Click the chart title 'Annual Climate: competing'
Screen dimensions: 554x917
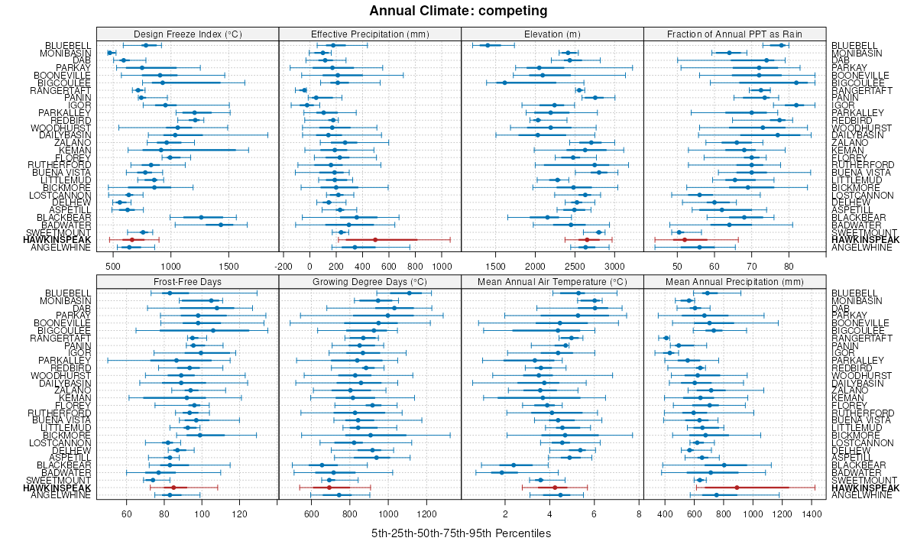[x=458, y=11]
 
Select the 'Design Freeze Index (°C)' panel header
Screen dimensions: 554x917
[x=187, y=34]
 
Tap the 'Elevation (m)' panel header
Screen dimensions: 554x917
[x=552, y=34]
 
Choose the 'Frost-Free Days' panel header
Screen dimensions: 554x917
[x=187, y=281]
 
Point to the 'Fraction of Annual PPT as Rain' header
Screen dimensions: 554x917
[x=734, y=34]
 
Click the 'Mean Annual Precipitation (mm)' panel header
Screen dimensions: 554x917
[x=734, y=281]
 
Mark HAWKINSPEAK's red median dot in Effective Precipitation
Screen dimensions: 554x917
[x=375, y=240]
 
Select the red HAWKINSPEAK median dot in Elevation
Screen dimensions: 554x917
[x=586, y=240]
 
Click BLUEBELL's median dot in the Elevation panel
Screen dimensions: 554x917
[x=488, y=45]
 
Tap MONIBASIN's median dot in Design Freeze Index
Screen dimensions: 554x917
[x=110, y=53]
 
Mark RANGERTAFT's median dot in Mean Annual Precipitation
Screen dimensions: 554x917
[x=666, y=338]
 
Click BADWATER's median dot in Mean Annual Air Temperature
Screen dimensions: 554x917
[x=502, y=472]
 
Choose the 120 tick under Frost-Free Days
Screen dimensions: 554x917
[x=240, y=514]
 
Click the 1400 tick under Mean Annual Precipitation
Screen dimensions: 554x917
[x=812, y=514]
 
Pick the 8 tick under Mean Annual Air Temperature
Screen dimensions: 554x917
[x=638, y=514]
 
